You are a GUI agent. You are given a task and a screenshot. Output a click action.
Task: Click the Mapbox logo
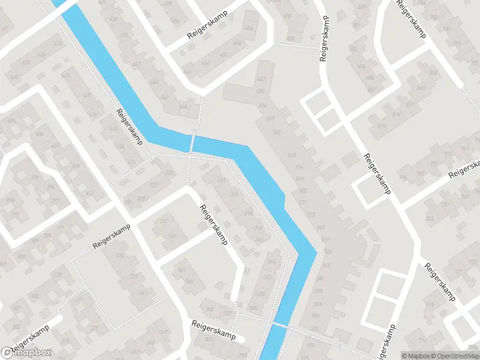(x=26, y=353)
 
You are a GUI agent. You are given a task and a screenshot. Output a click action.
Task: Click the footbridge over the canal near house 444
(x=193, y=144)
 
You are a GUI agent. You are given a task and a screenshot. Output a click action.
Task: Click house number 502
(x=276, y=132)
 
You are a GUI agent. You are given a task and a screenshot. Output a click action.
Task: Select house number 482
(x=260, y=79)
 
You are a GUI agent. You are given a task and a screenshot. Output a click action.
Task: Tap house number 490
(x=260, y=91)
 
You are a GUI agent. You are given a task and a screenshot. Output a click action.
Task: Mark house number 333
(x=173, y=236)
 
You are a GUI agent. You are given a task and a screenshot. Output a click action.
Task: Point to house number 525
(x=303, y=190)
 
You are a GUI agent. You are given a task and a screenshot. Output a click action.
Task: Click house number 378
(x=260, y=294)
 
